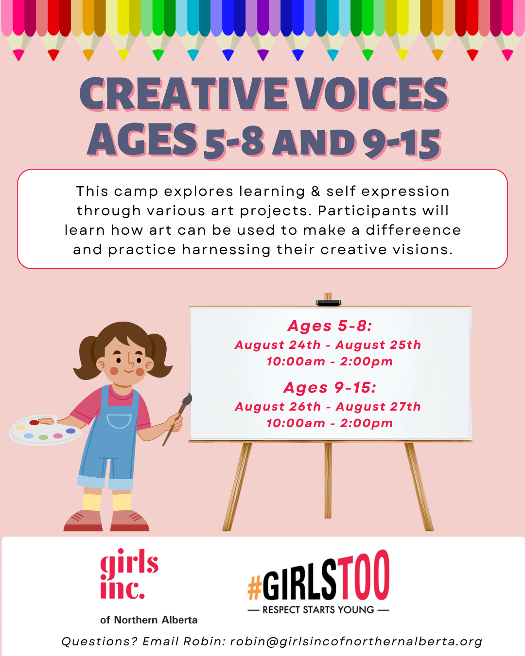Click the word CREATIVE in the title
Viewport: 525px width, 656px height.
tap(184, 94)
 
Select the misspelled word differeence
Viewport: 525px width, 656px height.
tap(413, 230)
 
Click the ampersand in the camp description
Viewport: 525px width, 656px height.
tap(315, 191)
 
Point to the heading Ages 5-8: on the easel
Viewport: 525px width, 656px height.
tap(330, 326)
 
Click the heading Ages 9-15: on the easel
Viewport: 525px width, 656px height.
tap(330, 388)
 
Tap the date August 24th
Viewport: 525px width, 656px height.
tap(278, 345)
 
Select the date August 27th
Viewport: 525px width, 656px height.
tap(378, 407)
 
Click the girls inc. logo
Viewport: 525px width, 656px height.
tap(129, 574)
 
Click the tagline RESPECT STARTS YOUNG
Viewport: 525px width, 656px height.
tap(318, 610)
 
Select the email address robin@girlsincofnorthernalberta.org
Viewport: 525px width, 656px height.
tap(356, 641)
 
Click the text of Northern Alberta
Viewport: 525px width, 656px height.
tap(149, 620)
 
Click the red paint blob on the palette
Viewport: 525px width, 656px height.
tap(34, 422)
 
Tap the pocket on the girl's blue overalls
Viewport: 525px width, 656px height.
tap(119, 421)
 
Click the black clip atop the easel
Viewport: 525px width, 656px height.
tap(328, 303)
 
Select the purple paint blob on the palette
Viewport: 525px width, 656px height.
tap(71, 431)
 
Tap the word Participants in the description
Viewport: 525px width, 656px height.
tap(367, 211)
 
